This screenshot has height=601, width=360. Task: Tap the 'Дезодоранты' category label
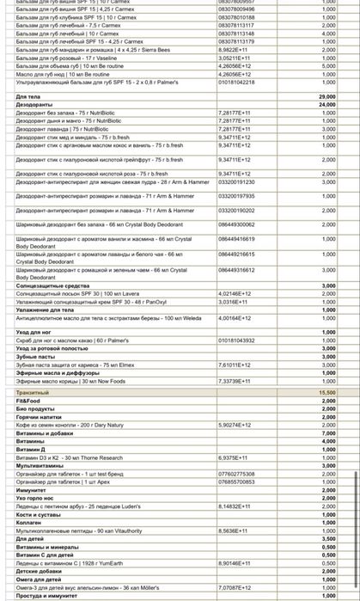(x=35, y=105)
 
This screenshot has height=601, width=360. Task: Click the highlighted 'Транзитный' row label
(x=34, y=392)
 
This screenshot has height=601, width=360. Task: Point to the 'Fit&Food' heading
(x=28, y=400)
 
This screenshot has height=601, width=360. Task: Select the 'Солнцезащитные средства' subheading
(x=52, y=285)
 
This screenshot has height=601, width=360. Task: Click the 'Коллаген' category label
(x=31, y=523)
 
